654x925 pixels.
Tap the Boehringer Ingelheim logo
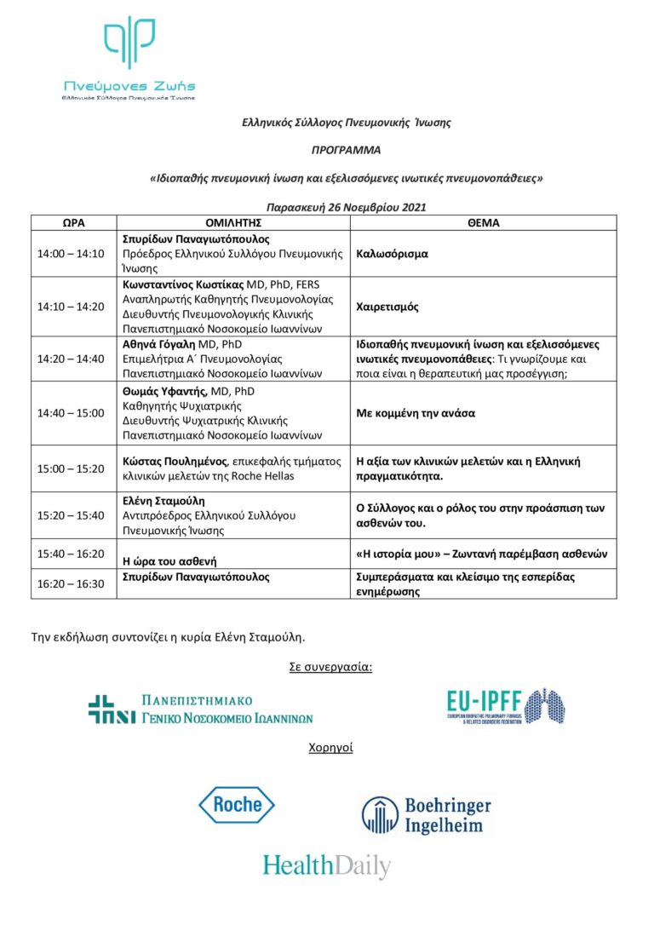click(x=426, y=814)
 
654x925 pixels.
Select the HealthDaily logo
click(x=326, y=865)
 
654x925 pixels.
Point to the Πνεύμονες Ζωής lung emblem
click(x=129, y=43)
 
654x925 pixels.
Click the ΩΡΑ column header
click(x=74, y=222)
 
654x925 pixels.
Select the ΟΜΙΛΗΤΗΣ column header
click(x=232, y=222)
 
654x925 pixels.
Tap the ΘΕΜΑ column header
click(x=483, y=222)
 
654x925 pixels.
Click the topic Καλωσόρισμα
click(x=392, y=254)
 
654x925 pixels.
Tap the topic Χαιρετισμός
click(x=387, y=307)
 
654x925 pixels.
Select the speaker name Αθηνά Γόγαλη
click(x=159, y=345)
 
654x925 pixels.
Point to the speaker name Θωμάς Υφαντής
click(x=162, y=391)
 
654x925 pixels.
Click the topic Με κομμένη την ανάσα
click(x=415, y=413)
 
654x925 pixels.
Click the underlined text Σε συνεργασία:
click(x=330, y=666)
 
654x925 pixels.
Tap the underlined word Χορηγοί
click(x=330, y=748)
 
